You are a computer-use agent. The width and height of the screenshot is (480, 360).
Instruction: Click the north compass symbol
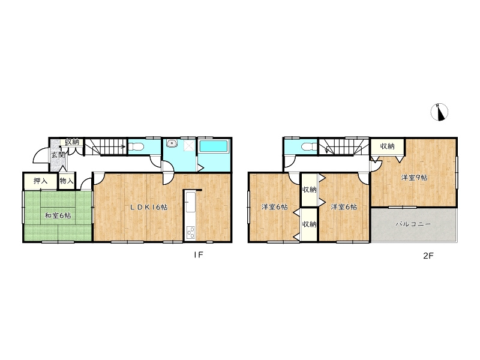tap(439, 112)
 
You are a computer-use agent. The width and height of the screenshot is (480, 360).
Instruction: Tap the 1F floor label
tap(199, 254)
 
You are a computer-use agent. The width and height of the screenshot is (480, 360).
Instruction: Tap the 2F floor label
tap(428, 256)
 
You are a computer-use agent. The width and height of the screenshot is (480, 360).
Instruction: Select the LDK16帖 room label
tap(149, 207)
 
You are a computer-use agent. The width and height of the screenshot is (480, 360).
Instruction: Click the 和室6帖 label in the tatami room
tap(58, 215)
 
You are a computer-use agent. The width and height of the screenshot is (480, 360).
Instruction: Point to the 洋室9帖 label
tap(414, 177)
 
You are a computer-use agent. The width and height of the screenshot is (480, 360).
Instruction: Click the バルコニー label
tap(413, 224)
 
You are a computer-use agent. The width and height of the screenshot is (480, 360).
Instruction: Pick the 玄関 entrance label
tap(58, 155)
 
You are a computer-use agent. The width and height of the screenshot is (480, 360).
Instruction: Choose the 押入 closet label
tap(40, 181)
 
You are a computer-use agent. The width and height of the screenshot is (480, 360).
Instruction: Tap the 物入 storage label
tap(67, 181)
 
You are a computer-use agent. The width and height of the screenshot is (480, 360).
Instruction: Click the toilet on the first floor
tap(136, 147)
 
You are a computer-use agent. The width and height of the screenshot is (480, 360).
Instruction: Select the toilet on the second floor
tap(309, 147)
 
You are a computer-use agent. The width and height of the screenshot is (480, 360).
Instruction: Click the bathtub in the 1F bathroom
tap(214, 146)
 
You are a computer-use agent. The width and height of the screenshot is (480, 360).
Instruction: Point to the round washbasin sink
tap(172, 143)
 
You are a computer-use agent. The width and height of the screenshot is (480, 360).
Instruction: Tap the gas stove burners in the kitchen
tap(191, 232)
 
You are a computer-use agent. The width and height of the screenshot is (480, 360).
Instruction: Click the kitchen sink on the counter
tap(190, 202)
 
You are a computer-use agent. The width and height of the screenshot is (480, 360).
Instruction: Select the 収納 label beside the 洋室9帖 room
tap(387, 146)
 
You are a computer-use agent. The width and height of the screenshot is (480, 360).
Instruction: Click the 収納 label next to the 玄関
tap(72, 142)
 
